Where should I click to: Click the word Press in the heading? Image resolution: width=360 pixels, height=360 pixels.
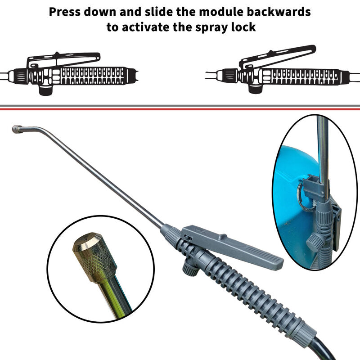coord(65,12)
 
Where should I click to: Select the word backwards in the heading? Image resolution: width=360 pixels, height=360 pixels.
coord(279,12)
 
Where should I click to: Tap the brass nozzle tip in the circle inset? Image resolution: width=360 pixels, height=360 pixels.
coord(94,257)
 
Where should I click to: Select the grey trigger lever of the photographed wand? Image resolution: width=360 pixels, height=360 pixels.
coord(232,246)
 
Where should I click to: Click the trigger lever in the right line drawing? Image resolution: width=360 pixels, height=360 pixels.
coord(277,56)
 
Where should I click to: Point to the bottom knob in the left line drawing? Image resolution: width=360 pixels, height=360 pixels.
coord(46,90)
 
